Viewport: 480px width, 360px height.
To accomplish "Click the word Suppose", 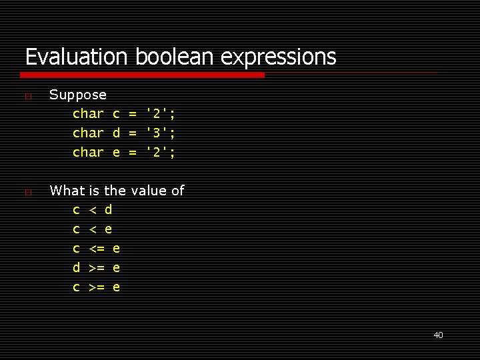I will (x=78, y=95).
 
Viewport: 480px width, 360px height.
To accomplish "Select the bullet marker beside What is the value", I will (x=27, y=192).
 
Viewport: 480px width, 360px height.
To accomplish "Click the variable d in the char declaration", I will (x=116, y=133).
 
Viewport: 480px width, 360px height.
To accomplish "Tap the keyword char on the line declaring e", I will (x=88, y=153).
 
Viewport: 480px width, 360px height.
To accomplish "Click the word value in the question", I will (x=149, y=191).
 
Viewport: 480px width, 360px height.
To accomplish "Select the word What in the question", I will (x=68, y=191).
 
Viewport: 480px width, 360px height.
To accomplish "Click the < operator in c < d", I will (x=93, y=211).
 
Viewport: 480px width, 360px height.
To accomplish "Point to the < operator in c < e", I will (x=93, y=230).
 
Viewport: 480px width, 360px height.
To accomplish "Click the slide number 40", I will (x=438, y=335).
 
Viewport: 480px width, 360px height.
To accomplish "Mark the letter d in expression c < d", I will (x=109, y=210).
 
